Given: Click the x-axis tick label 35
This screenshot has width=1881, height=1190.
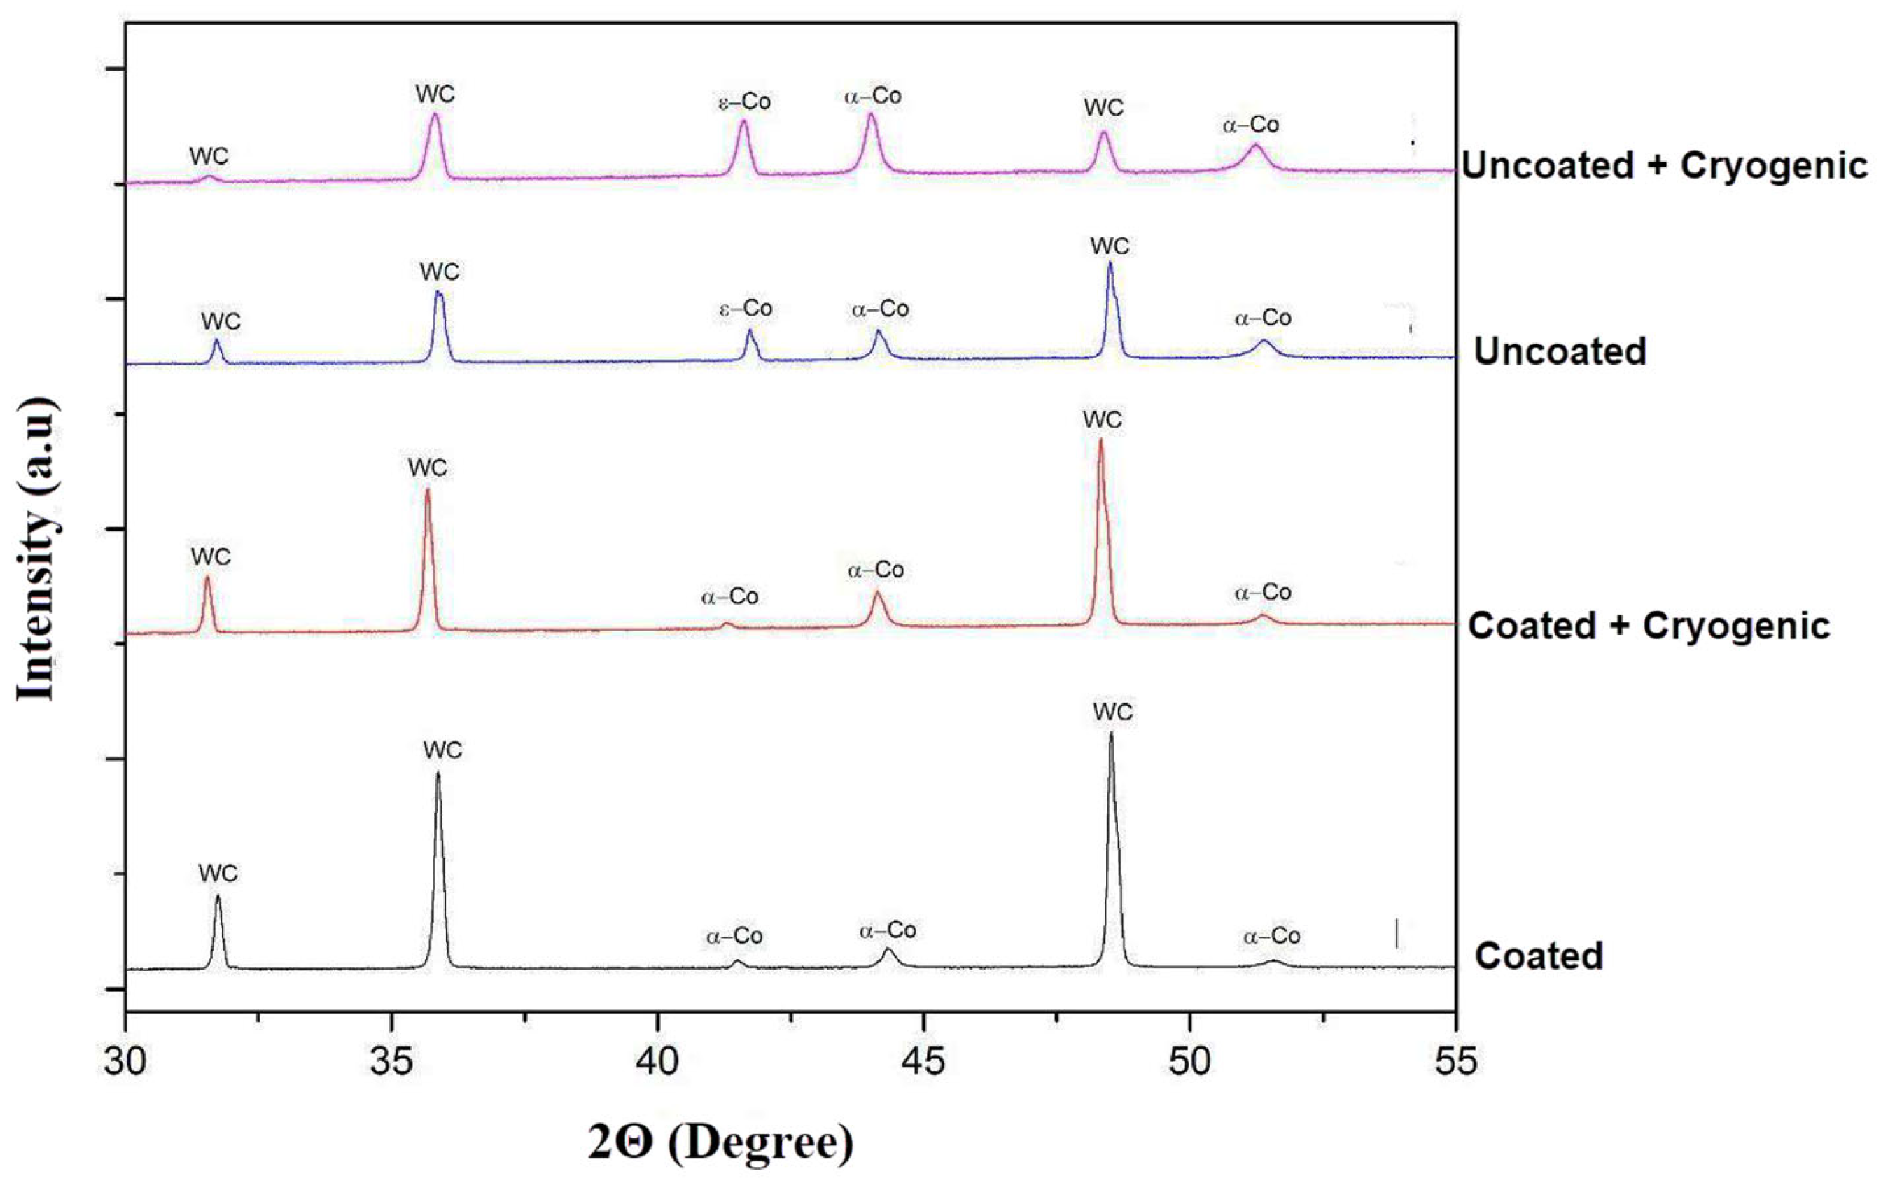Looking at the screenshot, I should (x=391, y=1062).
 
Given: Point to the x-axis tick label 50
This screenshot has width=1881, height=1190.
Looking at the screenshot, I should (x=1189, y=1062).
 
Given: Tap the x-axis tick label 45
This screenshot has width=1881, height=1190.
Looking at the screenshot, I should (x=923, y=1062).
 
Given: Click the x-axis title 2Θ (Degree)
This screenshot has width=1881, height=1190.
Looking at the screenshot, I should (x=721, y=1142).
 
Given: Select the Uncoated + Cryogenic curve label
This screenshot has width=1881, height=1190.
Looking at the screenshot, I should (x=1665, y=166).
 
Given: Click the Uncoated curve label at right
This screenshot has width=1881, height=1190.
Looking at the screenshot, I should (x=1560, y=351).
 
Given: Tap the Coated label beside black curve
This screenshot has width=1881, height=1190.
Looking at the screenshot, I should (x=1539, y=955).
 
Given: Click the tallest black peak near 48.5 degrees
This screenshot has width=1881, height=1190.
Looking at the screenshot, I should (x=1111, y=734).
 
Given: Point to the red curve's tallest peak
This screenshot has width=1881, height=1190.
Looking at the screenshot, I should (x=1100, y=442).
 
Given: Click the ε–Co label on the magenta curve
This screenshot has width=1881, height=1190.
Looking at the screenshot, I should (x=744, y=101).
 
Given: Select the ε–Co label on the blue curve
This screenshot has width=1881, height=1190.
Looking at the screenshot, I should (x=746, y=309).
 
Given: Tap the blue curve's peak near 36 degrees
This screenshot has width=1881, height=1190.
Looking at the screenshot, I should (x=438, y=294).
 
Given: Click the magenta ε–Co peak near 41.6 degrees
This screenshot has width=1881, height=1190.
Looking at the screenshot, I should (x=743, y=122).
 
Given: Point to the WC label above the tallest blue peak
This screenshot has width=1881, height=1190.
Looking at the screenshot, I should (x=1110, y=246).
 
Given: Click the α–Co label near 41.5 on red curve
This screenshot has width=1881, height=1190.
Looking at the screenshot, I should (x=729, y=597).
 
